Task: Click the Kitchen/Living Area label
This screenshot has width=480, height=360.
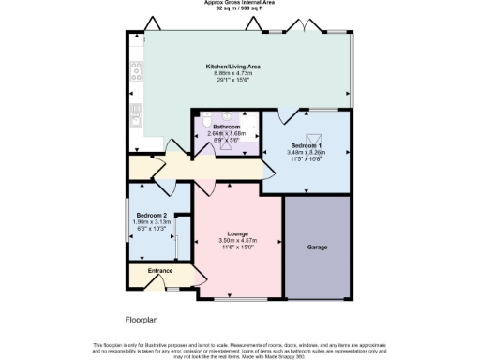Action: [x=233, y=67]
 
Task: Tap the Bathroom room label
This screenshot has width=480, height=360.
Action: [x=226, y=127]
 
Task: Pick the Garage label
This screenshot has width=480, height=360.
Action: [x=317, y=248]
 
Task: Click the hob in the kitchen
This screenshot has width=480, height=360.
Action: [x=137, y=68]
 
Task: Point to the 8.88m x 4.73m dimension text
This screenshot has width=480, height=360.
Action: [x=233, y=73]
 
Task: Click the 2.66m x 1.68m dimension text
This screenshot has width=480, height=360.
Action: [x=226, y=133]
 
